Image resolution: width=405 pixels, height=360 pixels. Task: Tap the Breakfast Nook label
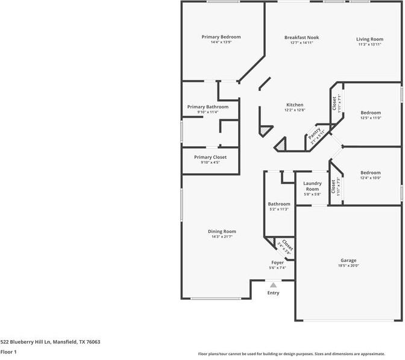pyautogui.click(x=301, y=37)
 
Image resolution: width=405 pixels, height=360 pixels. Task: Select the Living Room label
pyautogui.click(x=369, y=39)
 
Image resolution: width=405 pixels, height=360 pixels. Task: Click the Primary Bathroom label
pyautogui.click(x=208, y=107)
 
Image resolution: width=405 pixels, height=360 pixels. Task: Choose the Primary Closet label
pyautogui.click(x=210, y=157)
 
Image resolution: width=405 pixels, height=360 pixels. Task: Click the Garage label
pyautogui.click(x=348, y=260)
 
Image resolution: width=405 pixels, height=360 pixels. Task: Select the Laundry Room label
pyautogui.click(x=312, y=186)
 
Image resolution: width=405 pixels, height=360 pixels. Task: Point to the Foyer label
pyautogui.click(x=277, y=262)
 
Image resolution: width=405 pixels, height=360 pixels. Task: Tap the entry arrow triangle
pyautogui.click(x=273, y=285)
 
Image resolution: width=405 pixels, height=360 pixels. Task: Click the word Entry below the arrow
pyautogui.click(x=273, y=293)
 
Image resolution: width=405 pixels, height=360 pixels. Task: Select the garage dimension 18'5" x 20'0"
pyautogui.click(x=348, y=266)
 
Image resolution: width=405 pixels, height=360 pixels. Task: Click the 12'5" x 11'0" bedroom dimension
pyautogui.click(x=371, y=118)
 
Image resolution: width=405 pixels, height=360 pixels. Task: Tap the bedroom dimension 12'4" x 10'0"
pyautogui.click(x=370, y=178)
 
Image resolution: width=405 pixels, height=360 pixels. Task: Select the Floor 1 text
pyautogui.click(x=8, y=352)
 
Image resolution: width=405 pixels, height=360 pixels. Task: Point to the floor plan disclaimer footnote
pyautogui.click(x=300, y=354)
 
